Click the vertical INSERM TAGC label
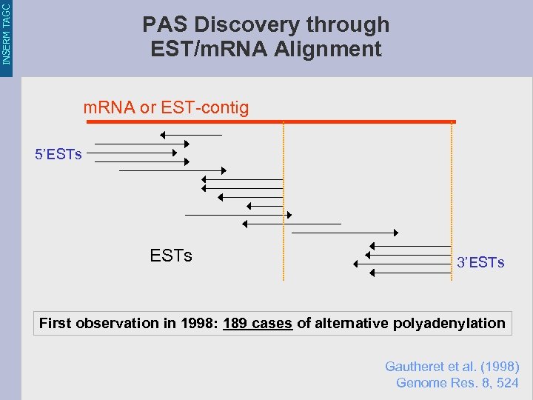click(7, 33)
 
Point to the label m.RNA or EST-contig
click(166, 108)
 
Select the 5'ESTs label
click(58, 155)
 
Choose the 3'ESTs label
click(480, 263)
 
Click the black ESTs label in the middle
click(171, 256)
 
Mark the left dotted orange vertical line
click(284, 200)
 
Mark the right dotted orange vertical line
click(452, 200)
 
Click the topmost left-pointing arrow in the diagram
click(191, 135)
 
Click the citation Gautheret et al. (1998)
click(452, 367)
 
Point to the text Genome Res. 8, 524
click(457, 383)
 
